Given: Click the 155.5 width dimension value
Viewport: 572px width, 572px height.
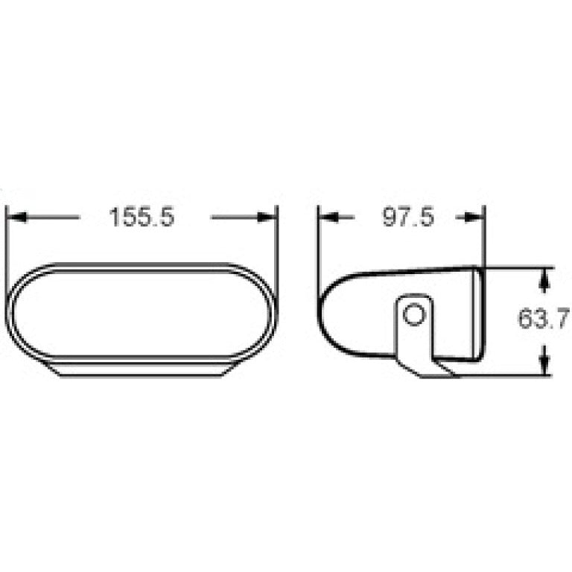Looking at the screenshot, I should click(x=142, y=217).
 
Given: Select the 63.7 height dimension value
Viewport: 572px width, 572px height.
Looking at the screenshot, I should click(x=544, y=320).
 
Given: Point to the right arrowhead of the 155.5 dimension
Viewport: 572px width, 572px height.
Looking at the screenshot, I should click(x=267, y=217).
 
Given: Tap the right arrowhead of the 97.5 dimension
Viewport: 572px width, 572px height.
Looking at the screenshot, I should click(x=476, y=217).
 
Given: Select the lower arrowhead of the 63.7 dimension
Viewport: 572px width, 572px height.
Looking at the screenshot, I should click(x=544, y=364).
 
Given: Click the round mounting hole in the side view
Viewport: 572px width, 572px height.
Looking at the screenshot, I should click(x=414, y=315).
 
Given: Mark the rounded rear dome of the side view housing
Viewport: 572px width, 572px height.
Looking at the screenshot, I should click(x=333, y=313).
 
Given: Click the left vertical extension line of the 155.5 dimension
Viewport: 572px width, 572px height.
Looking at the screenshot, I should click(x=7, y=238).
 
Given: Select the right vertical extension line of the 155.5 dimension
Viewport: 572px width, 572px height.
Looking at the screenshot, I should click(x=277, y=238).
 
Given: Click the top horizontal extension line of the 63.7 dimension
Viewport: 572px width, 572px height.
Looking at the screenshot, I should click(x=521, y=267).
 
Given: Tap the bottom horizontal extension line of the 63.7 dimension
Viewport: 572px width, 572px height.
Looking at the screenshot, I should click(x=514, y=375).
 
